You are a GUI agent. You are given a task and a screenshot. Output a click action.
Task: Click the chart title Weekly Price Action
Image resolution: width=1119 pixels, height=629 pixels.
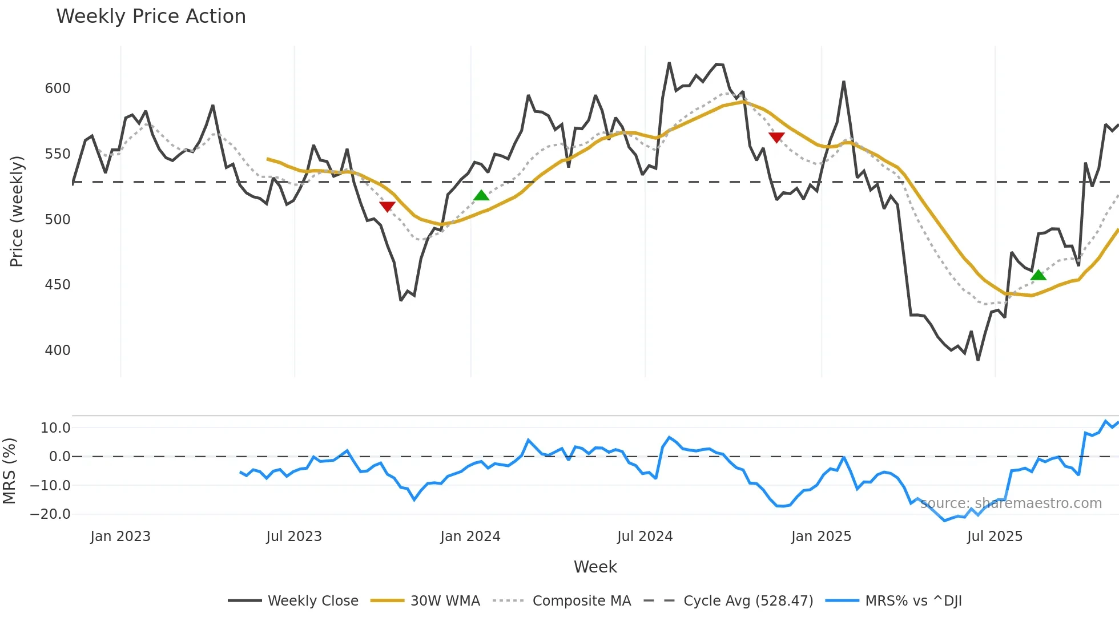[x=151, y=17]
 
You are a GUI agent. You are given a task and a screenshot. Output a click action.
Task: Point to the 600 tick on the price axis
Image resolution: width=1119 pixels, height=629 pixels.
[x=58, y=88]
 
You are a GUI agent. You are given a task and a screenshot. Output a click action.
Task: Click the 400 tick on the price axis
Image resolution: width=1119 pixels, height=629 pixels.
[x=58, y=350]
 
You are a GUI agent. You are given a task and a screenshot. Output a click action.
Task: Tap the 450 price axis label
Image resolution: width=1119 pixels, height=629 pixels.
[x=58, y=285]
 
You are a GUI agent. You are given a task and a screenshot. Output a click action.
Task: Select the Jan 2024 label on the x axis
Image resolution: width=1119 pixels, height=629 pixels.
[x=470, y=537]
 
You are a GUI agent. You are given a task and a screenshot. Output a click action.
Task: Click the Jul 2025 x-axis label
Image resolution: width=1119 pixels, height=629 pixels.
[x=995, y=537]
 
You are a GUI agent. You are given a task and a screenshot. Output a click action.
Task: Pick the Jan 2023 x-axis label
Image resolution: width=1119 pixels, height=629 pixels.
[x=120, y=537]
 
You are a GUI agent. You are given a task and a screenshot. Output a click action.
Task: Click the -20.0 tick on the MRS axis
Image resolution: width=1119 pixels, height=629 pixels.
[x=50, y=514]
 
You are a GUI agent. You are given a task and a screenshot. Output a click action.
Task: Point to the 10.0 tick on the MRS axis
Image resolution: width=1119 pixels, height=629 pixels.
[x=55, y=428]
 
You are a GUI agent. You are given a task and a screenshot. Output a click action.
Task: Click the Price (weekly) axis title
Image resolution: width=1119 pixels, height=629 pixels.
[x=17, y=211]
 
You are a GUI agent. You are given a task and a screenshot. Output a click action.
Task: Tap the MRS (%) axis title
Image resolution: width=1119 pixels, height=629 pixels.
[x=9, y=471]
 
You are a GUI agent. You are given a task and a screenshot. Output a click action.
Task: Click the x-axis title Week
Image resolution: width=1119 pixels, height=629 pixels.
[x=595, y=567]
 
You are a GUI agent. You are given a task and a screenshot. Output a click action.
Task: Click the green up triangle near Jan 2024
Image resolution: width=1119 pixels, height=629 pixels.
[x=481, y=196]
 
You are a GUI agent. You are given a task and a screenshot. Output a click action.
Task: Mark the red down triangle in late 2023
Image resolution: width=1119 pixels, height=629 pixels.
[x=387, y=207]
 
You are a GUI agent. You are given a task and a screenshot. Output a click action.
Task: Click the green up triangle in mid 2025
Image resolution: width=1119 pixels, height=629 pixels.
[x=1038, y=275]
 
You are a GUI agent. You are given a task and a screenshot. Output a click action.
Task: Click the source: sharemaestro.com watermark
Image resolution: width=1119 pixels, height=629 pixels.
[x=1011, y=503]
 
